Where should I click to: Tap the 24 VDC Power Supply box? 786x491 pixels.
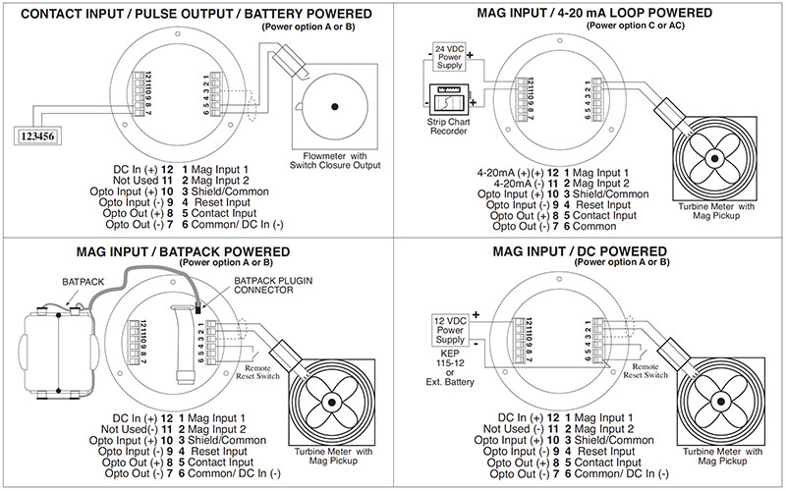[x=450, y=58]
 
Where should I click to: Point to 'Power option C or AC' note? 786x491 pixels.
[x=641, y=27]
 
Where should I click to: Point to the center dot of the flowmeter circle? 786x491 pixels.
[x=335, y=106]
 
